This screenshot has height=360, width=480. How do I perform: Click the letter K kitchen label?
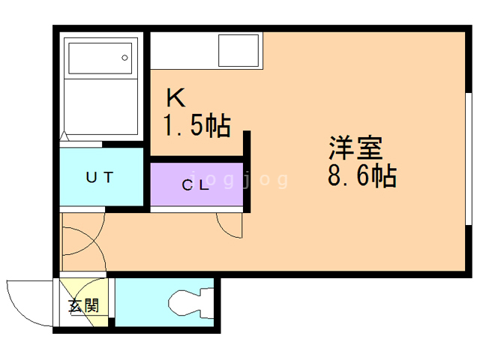click(x=175, y=97)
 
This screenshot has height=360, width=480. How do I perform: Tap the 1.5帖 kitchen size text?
click(x=196, y=124)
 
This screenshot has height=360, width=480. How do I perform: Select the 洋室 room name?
click(x=355, y=147)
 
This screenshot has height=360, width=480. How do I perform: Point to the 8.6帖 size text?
click(x=361, y=177)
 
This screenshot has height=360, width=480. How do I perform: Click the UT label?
click(x=99, y=178)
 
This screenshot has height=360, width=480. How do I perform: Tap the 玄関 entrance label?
click(x=83, y=306)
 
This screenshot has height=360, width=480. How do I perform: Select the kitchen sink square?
click(x=239, y=50)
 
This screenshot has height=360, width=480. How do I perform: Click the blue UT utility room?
click(x=100, y=178)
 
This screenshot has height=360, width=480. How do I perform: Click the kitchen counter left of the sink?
click(x=184, y=50)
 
